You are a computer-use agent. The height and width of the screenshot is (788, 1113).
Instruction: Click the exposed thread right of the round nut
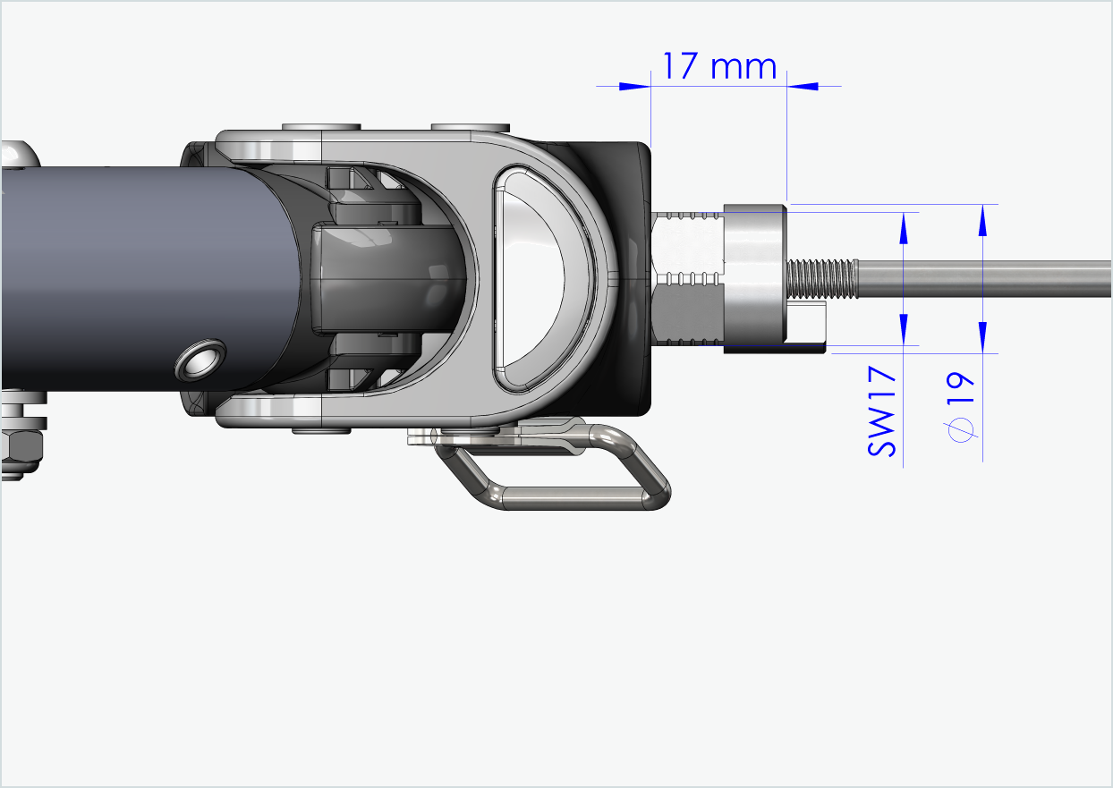click(x=820, y=279)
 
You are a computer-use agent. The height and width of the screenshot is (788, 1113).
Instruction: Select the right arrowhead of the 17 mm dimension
click(x=803, y=86)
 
